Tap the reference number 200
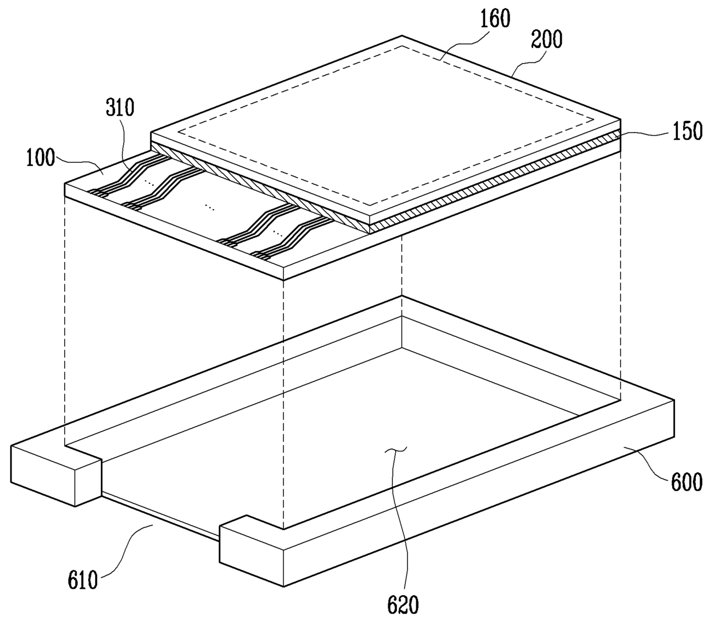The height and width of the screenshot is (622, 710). [x=547, y=39]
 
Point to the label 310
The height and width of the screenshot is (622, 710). [x=120, y=107]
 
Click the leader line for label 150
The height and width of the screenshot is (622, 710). [x=644, y=133]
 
